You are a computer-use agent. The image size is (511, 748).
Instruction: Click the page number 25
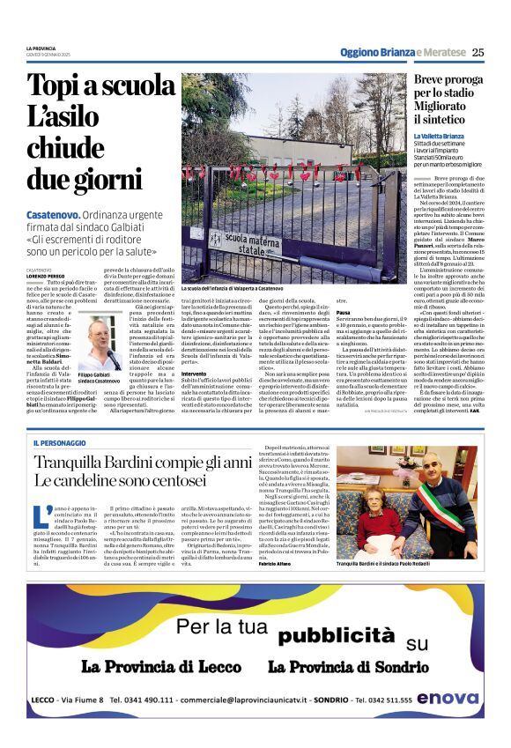(478, 52)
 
